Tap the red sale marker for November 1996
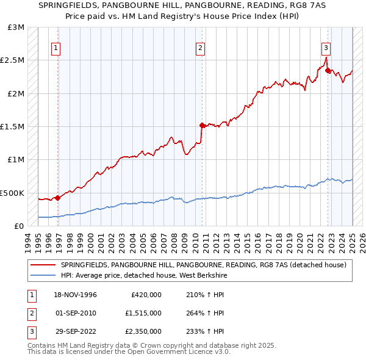[57, 198]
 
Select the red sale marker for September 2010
[202, 125]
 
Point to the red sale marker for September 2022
[328, 70]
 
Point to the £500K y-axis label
[13, 193]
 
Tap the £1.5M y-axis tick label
[13, 127]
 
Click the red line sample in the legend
[43, 265]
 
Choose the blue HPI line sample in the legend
[43, 275]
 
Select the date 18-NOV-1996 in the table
[76, 295]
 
